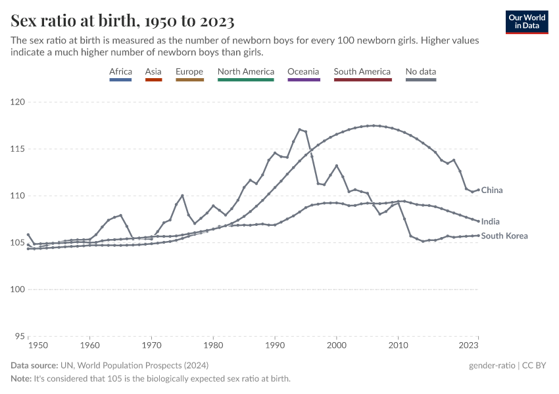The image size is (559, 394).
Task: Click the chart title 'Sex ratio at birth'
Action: pyautogui.click(x=122, y=21)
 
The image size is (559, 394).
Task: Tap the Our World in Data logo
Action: pyautogui.click(x=527, y=22)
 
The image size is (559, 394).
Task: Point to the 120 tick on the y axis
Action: pyautogui.click(x=17, y=102)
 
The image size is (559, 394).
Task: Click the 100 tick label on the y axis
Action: pyautogui.click(x=17, y=290)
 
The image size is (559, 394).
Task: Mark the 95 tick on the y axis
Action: pyautogui.click(x=20, y=336)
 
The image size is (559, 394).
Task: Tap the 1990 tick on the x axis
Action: pyautogui.click(x=275, y=344)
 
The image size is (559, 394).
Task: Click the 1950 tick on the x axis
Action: pyautogui.click(x=37, y=344)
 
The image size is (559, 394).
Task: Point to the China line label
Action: pyautogui.click(x=492, y=190)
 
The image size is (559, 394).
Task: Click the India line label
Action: pyautogui.click(x=490, y=222)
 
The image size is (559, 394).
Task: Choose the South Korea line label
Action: pyautogui.click(x=504, y=236)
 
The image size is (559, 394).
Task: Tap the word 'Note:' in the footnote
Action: pyautogui.click(x=22, y=379)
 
